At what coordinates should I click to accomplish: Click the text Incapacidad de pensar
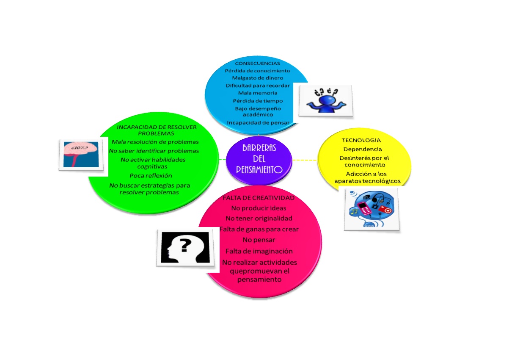pos(258,123)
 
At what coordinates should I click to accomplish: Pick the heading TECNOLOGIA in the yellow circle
pos(361,140)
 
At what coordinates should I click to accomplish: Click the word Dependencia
pos(363,149)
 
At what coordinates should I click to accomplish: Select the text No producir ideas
pos(259,208)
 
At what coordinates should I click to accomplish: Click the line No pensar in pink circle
pos(259,240)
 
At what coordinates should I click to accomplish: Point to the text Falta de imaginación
pos(259,251)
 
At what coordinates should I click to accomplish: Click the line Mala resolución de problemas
pos(155,141)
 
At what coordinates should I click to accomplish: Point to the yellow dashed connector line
pos(305,160)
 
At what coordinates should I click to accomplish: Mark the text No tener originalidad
pos(259,218)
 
